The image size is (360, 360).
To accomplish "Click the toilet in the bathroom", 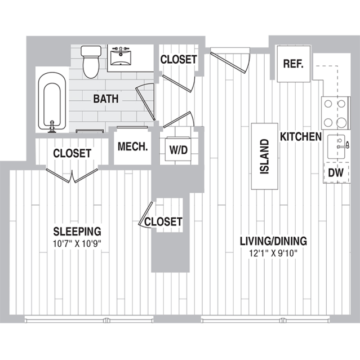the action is [91, 62].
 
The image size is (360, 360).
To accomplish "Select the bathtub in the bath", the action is [52, 102].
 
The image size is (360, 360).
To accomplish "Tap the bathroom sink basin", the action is [121, 58].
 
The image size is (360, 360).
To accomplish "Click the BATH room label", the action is [106, 99].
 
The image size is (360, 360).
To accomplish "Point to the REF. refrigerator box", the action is [294, 64].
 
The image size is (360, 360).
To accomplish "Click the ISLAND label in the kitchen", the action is [264, 157].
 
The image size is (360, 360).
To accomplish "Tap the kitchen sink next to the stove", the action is [336, 146].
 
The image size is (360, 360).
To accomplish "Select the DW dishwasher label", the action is [336, 172].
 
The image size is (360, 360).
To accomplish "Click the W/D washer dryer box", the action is [179, 149].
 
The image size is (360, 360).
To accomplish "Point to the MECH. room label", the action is [132, 146].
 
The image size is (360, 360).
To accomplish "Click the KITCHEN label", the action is [301, 137].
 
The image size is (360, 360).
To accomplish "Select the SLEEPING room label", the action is [77, 232].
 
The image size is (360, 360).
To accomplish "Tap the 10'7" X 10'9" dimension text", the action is [77, 243].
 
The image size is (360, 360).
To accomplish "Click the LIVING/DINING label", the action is [273, 241].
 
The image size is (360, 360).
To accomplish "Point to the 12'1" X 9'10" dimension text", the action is [273, 254].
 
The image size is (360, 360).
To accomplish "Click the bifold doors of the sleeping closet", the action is [72, 176].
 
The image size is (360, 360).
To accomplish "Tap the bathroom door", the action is [145, 102].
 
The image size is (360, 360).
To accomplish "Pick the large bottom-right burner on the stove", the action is [341, 122].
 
